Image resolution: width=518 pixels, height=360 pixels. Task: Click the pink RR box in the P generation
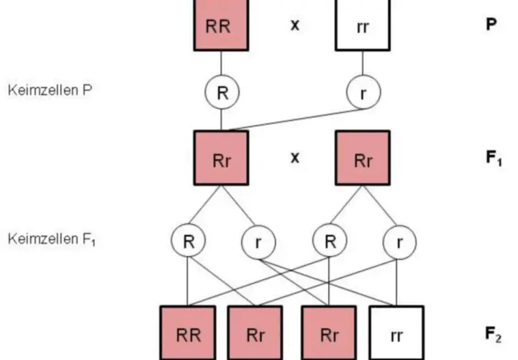(221, 25)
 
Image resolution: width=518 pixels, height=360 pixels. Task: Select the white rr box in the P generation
(363, 25)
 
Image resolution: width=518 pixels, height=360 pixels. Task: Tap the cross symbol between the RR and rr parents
(295, 25)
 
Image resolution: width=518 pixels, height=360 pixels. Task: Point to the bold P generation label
(491, 24)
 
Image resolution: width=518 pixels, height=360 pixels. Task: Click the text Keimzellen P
(50, 90)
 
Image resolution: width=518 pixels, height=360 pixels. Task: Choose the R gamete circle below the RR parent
(222, 92)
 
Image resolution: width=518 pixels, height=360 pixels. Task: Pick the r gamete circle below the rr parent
(363, 92)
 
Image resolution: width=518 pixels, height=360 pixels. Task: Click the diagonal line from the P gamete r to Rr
(296, 120)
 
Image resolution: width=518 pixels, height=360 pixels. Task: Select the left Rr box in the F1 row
(221, 158)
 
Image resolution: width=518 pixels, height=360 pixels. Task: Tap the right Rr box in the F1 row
(363, 158)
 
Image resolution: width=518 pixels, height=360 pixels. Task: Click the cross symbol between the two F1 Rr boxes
(295, 158)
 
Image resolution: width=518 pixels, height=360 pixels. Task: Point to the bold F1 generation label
(494, 158)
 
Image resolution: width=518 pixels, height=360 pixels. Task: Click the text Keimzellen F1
(52, 239)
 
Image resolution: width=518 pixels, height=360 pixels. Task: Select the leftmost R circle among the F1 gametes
(188, 240)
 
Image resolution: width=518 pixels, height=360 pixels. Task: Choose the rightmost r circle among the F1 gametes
(399, 242)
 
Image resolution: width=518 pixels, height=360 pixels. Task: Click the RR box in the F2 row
(188, 333)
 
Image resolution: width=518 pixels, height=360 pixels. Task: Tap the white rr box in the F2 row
(396, 333)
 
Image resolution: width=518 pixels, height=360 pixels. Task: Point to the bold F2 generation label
(494, 334)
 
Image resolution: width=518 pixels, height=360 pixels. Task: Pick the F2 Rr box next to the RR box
(255, 333)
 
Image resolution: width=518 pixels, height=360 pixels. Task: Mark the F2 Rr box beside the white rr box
(329, 333)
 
